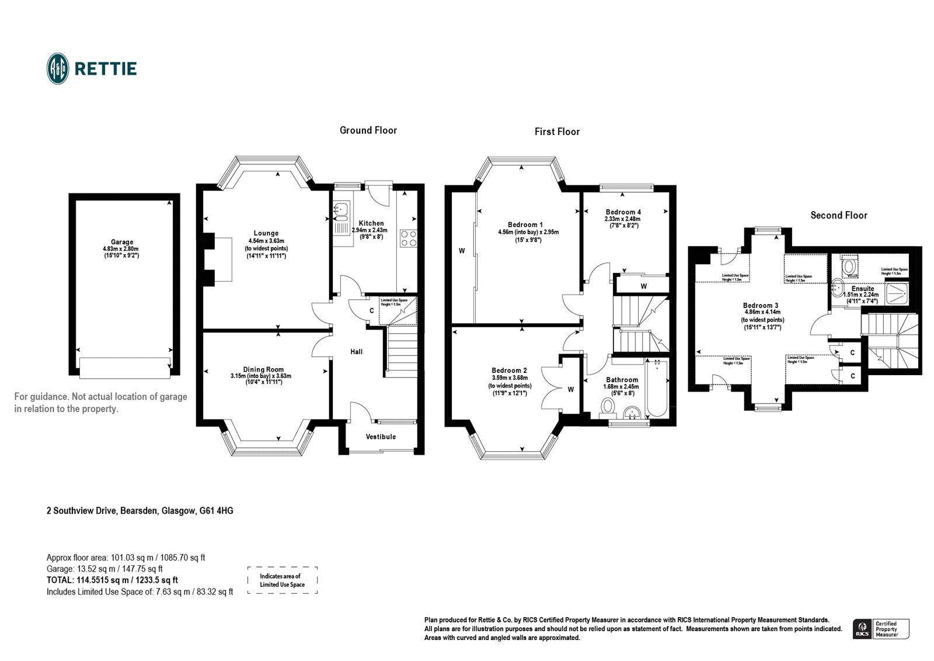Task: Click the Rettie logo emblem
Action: (x=58, y=68)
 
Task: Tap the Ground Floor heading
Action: (x=368, y=130)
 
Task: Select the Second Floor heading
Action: (x=838, y=215)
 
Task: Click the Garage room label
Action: (x=122, y=242)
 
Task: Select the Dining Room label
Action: (x=263, y=369)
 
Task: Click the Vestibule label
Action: (x=381, y=437)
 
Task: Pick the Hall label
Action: (x=356, y=351)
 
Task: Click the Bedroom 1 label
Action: (x=525, y=224)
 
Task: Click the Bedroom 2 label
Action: (x=509, y=370)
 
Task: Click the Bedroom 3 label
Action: (x=760, y=305)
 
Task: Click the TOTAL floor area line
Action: (x=112, y=580)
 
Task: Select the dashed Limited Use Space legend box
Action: (x=282, y=580)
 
